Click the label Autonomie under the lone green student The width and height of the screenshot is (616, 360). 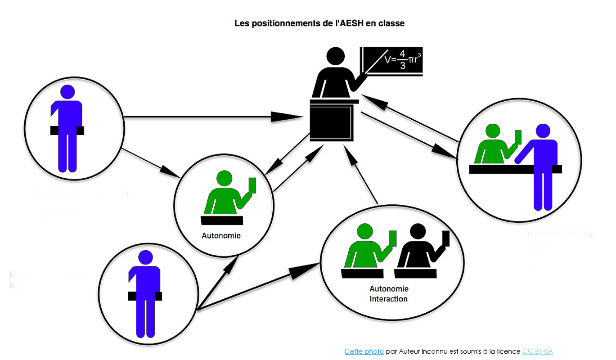pyautogui.click(x=221, y=235)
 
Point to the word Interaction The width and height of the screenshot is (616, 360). pyautogui.click(x=389, y=299)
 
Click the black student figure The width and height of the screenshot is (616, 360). pyautogui.click(x=416, y=252)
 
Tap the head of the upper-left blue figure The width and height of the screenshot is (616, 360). pyautogui.click(x=67, y=92)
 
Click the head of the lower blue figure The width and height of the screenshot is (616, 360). pyautogui.click(x=145, y=258)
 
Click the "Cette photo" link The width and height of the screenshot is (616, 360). pyautogui.click(x=364, y=351)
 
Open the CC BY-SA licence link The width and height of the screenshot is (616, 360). pyautogui.click(x=537, y=351)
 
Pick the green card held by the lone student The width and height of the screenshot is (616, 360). pyautogui.click(x=252, y=185)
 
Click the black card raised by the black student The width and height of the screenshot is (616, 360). pyautogui.click(x=446, y=238)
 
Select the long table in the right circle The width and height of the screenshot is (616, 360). pyautogui.click(x=515, y=169)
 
